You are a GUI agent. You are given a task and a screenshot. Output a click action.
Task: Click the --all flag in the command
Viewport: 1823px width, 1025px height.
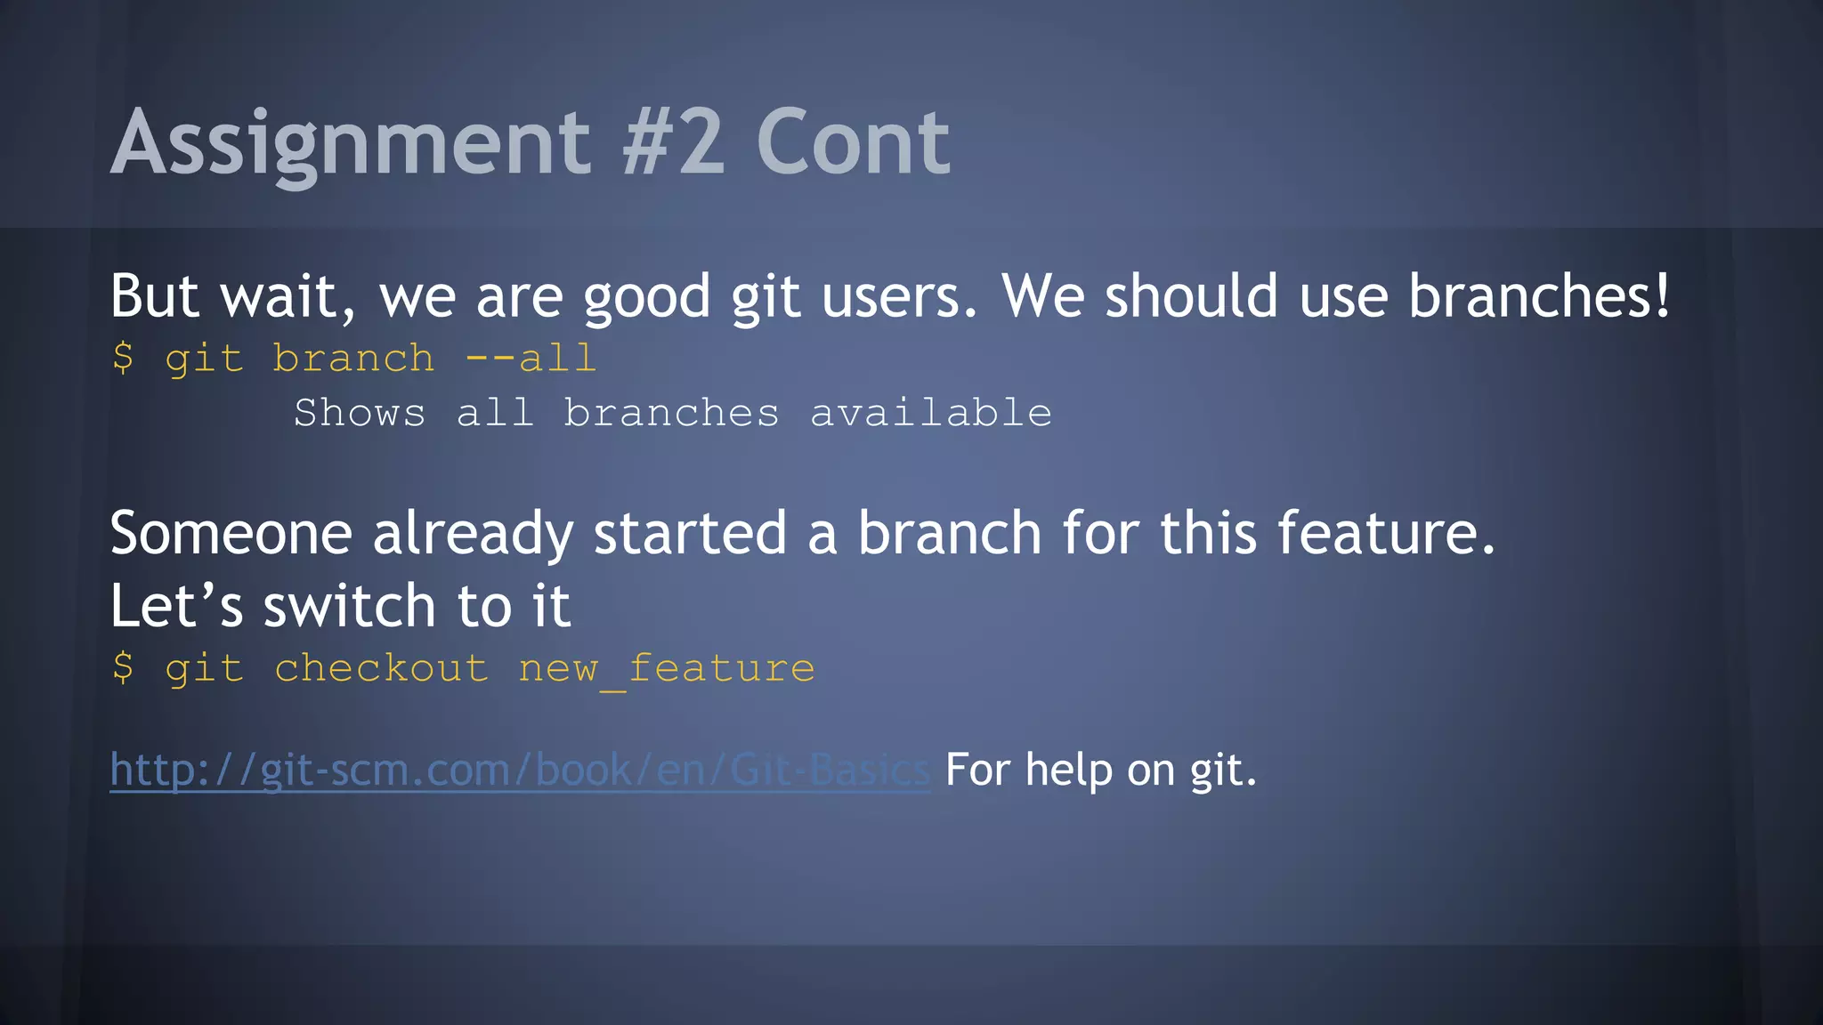[530, 359]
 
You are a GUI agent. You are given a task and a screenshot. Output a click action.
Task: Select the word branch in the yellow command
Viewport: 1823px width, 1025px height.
[353, 359]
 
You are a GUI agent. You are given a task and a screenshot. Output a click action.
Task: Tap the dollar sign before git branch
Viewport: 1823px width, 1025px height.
[123, 359]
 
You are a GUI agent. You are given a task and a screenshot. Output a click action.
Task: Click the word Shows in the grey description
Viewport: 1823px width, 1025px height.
[360, 413]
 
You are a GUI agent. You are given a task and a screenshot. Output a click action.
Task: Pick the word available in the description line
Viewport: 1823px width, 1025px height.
[930, 413]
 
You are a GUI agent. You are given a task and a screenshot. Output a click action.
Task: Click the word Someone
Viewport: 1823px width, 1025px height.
[231, 534]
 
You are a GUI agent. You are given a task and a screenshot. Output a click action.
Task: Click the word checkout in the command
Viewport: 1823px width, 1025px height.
[381, 668]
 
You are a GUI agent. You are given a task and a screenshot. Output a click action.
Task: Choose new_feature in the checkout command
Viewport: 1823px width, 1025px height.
[666, 668]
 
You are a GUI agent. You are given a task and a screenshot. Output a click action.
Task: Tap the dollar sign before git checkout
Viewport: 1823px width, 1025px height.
[123, 668]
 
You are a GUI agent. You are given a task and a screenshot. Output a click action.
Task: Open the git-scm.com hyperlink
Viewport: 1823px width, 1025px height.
[519, 770]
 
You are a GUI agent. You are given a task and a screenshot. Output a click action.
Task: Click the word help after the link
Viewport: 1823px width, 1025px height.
[1068, 770]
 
